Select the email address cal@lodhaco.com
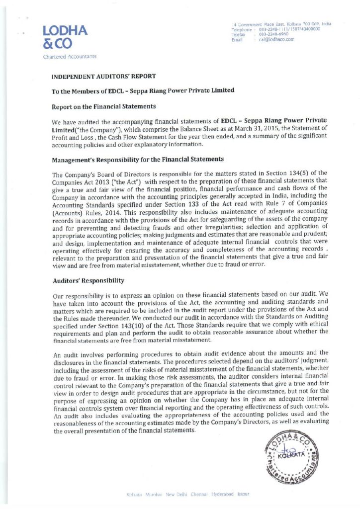click(274, 39)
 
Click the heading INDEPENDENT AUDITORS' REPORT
click(104, 76)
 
